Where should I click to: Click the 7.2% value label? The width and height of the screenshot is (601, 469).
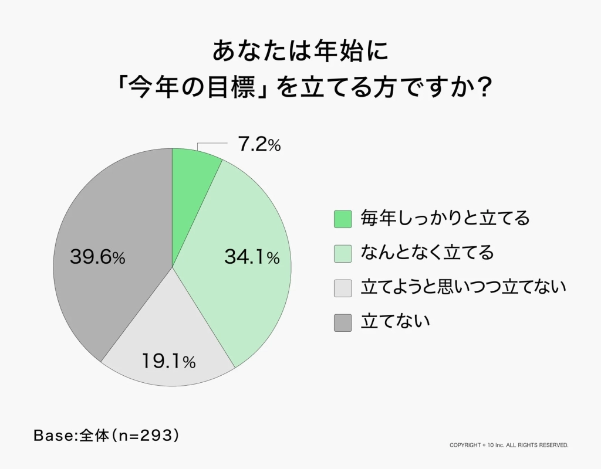259,145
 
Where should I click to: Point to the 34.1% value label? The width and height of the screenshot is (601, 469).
252,257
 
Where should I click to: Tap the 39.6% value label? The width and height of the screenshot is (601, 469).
97,257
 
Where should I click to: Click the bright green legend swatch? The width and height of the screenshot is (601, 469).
343,219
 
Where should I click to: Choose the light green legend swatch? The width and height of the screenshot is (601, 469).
343,253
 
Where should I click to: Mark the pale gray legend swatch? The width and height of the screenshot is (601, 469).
343,288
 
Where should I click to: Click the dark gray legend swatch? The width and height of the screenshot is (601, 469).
343,322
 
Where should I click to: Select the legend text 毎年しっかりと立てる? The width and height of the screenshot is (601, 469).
445,219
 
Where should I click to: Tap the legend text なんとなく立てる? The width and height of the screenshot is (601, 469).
427,253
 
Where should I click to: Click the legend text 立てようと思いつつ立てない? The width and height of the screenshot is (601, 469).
463,287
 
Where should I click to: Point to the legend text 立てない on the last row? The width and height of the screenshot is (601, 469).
395,322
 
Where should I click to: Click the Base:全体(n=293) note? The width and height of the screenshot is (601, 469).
106,436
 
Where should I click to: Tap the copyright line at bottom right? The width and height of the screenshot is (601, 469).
509,446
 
